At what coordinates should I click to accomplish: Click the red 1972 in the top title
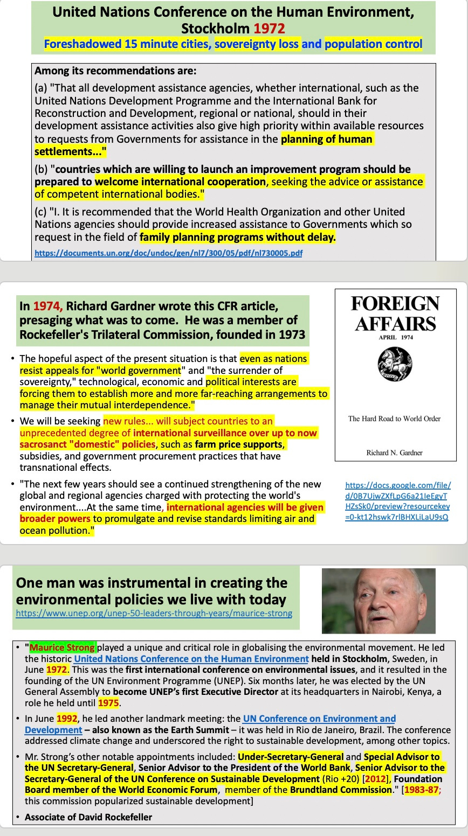coord(270,28)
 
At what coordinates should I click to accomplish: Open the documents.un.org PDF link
coord(168,253)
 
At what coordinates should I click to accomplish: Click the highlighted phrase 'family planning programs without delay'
coord(237,237)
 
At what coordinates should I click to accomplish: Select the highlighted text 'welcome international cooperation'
coord(181,182)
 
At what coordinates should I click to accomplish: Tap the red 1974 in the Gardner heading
coord(48,306)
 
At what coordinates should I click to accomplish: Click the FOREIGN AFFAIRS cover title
coord(395,313)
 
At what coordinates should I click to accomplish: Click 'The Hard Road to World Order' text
coord(395,419)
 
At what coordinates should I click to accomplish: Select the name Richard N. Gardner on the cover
coord(395,452)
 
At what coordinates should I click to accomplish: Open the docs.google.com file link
coord(397,501)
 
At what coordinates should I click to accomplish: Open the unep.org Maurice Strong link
coord(154,613)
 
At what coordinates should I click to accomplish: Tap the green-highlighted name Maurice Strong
coord(63,647)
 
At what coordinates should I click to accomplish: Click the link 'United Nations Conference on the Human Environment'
coord(191,659)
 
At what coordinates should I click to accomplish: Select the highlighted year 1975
coord(108,703)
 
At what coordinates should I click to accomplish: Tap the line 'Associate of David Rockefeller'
coord(88,817)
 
